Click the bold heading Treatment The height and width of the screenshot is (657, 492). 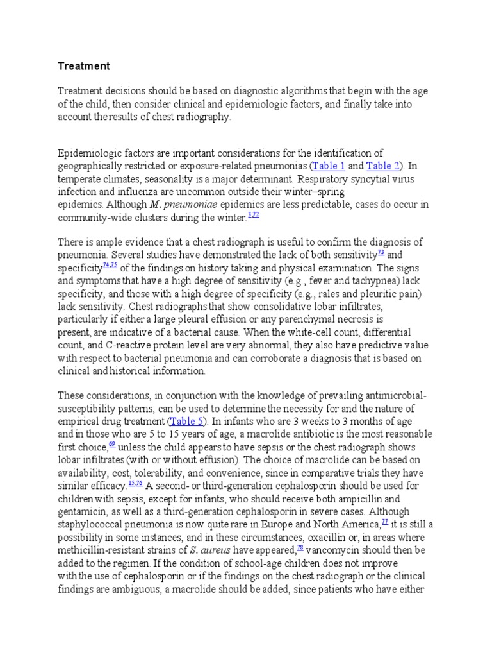tap(84, 66)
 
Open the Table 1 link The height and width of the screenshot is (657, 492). tap(329, 166)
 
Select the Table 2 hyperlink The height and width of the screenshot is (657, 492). tap(383, 166)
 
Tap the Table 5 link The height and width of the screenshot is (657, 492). tap(186, 422)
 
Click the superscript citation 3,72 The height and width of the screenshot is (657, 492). tap(253, 215)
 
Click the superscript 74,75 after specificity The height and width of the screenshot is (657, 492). tap(110, 265)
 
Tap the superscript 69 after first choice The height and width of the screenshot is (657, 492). tap(112, 445)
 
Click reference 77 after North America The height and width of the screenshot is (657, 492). tap(384, 521)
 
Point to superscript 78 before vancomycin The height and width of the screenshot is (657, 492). tap(300, 546)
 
